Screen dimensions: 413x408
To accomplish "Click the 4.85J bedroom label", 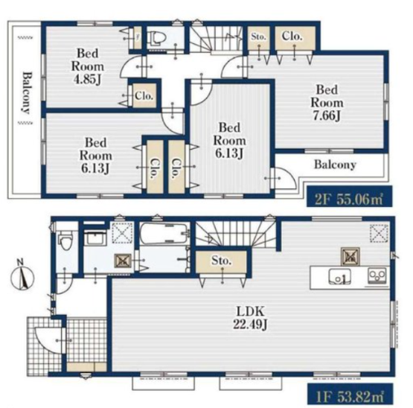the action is point(88,66).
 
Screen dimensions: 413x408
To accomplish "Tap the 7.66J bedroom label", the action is point(327,103).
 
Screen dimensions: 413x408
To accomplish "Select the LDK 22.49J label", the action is point(250,318).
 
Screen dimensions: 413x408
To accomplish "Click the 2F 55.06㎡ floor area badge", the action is point(349,196).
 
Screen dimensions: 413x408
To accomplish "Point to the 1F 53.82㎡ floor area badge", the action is point(350,394).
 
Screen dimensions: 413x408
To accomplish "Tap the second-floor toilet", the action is point(158,39).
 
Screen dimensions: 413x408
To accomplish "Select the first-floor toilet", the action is point(65,240).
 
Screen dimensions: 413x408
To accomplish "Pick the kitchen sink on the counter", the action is point(340,277).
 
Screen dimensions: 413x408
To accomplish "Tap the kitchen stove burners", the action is point(377,276).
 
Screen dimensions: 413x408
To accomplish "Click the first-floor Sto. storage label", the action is point(222,261).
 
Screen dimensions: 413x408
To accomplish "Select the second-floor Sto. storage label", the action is point(258,36).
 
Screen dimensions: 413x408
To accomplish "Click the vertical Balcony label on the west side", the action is point(26,93).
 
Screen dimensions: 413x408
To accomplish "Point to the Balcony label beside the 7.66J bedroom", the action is point(335,165).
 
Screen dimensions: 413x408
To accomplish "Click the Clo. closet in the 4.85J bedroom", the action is point(144,96).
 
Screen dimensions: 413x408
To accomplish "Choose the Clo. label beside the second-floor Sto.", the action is point(292,36).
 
